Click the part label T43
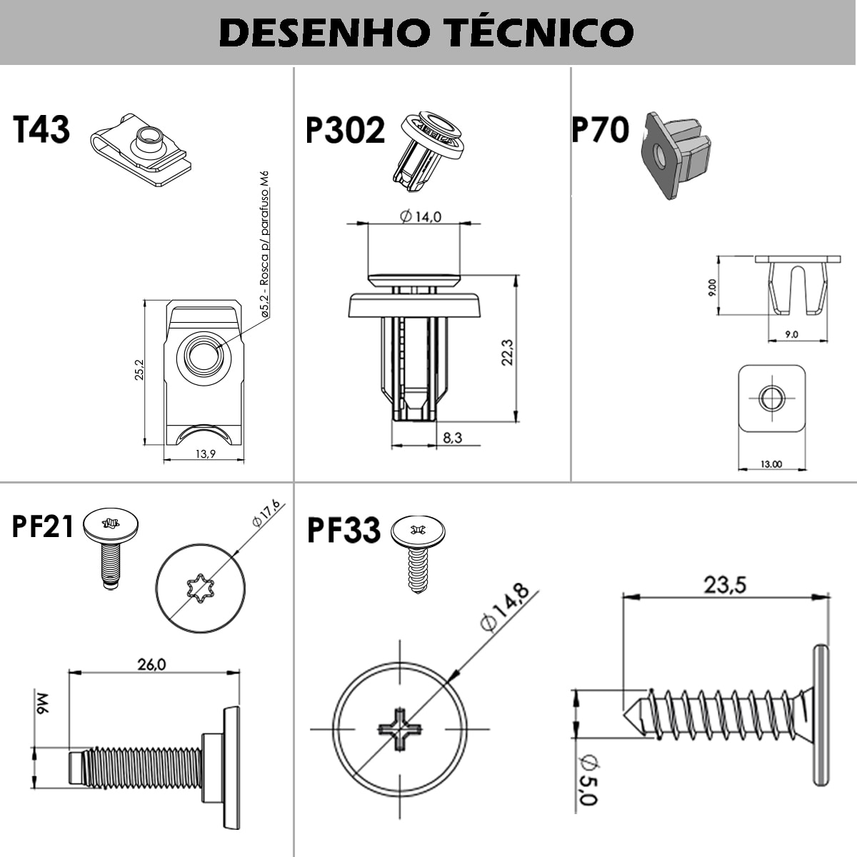coord(41,130)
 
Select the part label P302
coord(345,130)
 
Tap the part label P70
coord(601,130)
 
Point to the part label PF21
coord(43,526)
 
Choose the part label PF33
coord(344,531)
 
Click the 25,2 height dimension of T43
coord(139,369)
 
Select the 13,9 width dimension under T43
coord(204,454)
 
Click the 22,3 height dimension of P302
coord(507,351)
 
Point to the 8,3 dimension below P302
coord(452,437)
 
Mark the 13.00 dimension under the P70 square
coord(771,464)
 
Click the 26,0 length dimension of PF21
coord(151,664)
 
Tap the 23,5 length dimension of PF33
coord(725,585)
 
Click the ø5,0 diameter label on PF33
coord(587,780)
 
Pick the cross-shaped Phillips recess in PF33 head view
coord(400,728)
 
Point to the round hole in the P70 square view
coord(771,398)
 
